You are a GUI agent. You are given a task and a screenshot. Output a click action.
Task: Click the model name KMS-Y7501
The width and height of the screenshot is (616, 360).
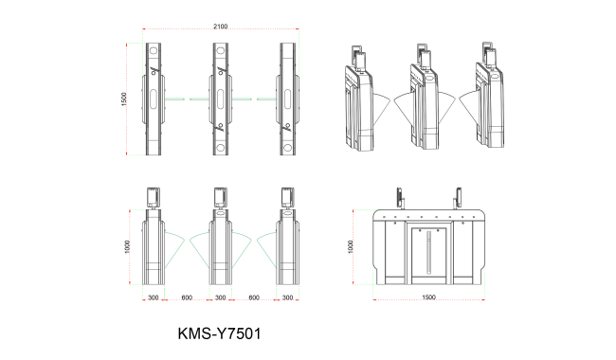tap(219, 333)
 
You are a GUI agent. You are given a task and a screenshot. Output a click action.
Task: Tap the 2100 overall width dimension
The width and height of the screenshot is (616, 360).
tap(221, 27)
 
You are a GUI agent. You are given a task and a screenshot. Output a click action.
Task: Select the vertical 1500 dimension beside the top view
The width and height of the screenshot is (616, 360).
tap(124, 99)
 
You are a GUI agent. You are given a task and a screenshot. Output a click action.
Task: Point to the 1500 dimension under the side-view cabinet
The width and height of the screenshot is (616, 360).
tap(428, 297)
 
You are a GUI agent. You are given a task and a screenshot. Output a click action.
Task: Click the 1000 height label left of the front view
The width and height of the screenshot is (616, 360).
tap(127, 246)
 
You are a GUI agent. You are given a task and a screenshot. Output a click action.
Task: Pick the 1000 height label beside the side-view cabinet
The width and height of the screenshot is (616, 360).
tap(351, 246)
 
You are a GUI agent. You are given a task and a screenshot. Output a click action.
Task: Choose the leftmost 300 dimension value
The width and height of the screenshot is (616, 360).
tap(154, 297)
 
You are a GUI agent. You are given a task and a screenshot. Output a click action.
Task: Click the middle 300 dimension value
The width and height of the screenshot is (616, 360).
tap(221, 297)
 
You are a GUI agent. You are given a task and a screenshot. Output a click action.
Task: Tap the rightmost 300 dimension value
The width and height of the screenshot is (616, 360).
tap(287, 297)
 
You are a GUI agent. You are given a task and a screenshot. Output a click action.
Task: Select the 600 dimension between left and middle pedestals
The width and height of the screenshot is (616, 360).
tap(187, 297)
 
